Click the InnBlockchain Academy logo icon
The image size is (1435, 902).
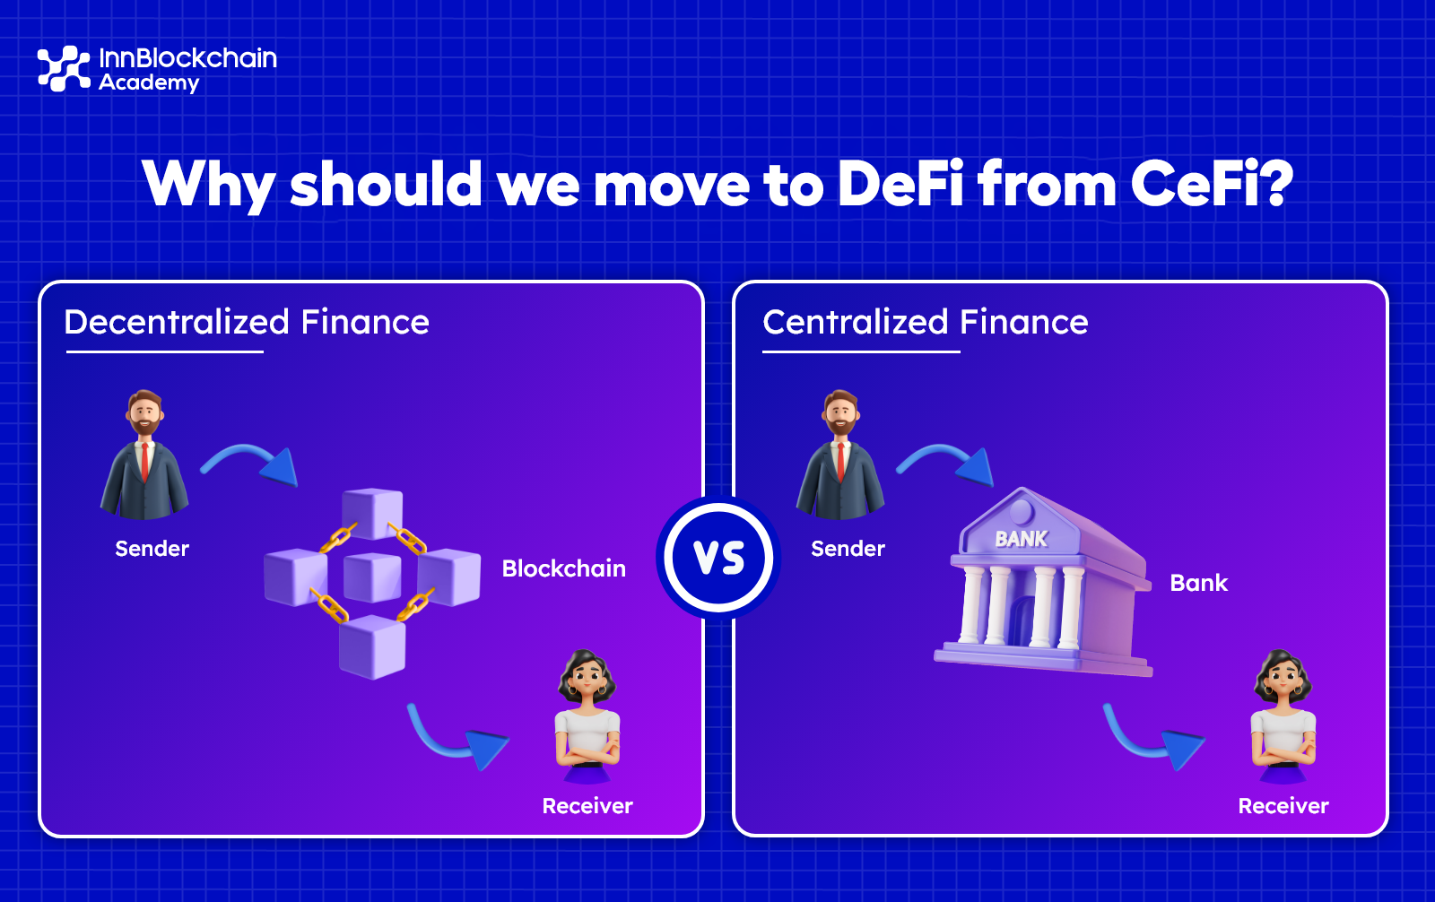click(x=64, y=68)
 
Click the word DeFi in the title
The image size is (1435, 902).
click(x=900, y=184)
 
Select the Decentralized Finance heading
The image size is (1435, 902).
click(x=247, y=322)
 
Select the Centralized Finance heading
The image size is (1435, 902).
click(x=925, y=322)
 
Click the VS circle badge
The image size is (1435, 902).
click(x=718, y=557)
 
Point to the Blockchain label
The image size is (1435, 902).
click(x=563, y=568)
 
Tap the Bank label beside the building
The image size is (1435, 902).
click(x=1198, y=583)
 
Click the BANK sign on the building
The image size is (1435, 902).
click(x=1021, y=539)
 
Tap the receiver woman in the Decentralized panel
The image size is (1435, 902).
click(x=587, y=717)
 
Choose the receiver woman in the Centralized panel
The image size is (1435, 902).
click(x=1283, y=717)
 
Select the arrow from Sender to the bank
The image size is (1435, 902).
click(x=947, y=462)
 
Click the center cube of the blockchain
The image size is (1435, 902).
click(x=372, y=577)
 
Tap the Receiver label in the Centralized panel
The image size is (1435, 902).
click(x=1283, y=806)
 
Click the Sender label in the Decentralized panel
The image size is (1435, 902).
click(x=152, y=549)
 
